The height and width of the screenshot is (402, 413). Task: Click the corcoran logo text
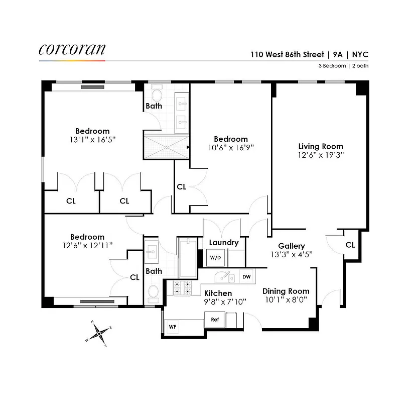72,49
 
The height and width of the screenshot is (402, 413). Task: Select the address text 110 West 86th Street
283,55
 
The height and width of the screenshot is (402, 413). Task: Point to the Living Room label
320,147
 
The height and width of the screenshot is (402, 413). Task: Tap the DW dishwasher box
246,276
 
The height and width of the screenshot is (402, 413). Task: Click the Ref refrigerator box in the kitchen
215,320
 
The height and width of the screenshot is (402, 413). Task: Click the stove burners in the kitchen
182,287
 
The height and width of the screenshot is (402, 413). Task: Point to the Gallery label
292,246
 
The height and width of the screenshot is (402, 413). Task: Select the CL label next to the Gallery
350,245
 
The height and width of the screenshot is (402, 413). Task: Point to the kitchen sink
224,277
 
